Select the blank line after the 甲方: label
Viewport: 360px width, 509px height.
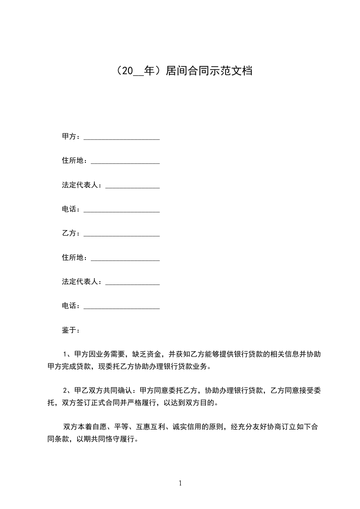(x=122, y=137)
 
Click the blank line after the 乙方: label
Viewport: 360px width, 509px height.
(x=122, y=234)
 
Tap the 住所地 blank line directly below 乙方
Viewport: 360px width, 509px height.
(x=125, y=258)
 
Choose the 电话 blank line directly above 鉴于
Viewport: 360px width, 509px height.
(x=122, y=306)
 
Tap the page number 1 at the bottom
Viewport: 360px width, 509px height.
(x=180, y=483)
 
